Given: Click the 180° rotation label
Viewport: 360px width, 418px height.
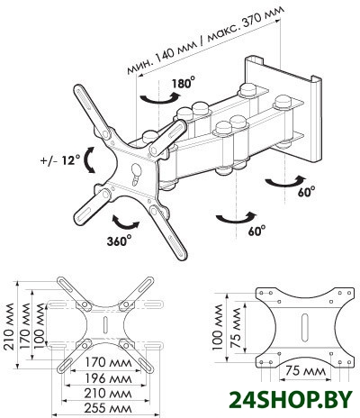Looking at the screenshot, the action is tap(184, 83).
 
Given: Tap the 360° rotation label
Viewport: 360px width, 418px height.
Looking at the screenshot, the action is tap(119, 241).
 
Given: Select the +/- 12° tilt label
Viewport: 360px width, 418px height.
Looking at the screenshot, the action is tap(60, 160).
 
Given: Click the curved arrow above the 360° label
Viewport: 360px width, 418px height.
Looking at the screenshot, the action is tap(126, 223).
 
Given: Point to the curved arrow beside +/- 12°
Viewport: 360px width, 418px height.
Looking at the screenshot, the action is tap(89, 160).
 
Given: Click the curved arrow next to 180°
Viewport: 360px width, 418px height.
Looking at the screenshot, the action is tap(159, 98).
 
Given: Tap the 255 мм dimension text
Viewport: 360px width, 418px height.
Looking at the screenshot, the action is tap(108, 408).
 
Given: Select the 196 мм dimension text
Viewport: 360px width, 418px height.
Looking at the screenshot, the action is tap(108, 378).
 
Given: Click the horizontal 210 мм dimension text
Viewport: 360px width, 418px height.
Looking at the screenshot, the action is tap(108, 393).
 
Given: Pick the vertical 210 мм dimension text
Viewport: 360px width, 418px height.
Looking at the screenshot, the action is tap(9, 326).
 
